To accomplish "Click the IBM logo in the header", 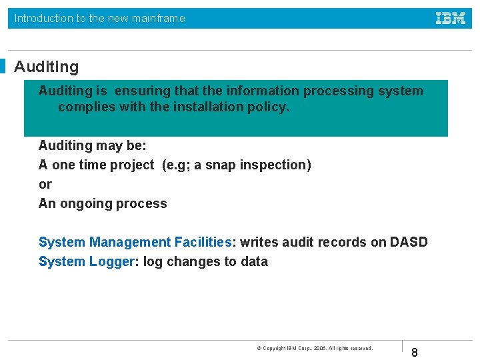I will pos(451,19).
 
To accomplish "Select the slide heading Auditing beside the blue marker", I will pos(46,67).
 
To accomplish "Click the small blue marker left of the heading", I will pos(3,67).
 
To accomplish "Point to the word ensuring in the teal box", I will pos(142,91).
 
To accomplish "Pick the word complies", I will pos(86,107).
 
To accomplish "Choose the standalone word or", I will pos(45,184).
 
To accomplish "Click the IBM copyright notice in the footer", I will pos(315,348).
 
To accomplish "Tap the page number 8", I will pos(415,352).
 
